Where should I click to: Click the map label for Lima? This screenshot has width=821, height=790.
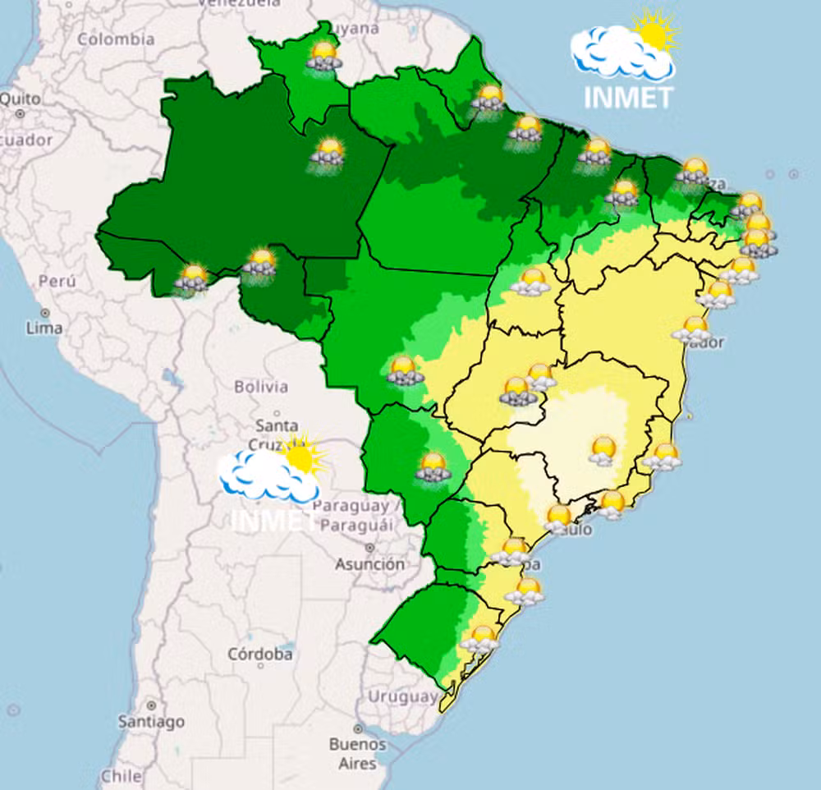[x=44, y=328]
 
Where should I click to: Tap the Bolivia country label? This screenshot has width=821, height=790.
[x=261, y=386]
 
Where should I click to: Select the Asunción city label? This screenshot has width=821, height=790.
[x=369, y=564]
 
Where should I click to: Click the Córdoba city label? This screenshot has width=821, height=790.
[x=259, y=655]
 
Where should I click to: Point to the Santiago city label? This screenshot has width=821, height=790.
[x=151, y=722]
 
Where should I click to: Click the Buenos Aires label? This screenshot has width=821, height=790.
[x=357, y=753]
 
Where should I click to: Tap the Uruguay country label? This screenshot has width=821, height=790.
[x=402, y=696]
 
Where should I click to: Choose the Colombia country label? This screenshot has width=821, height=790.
[x=116, y=39]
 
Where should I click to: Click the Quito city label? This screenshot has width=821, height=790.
[x=19, y=99]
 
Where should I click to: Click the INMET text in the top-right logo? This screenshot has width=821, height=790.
[x=628, y=97]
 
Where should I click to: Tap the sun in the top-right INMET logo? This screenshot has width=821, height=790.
[x=654, y=33]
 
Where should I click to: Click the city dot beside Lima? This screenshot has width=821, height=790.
[x=44, y=313]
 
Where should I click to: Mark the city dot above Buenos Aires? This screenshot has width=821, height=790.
[x=358, y=728]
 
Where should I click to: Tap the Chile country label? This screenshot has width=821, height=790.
[x=122, y=774]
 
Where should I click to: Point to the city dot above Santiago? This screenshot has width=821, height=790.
[x=151, y=705]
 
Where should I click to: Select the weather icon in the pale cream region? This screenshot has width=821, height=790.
[x=603, y=450]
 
